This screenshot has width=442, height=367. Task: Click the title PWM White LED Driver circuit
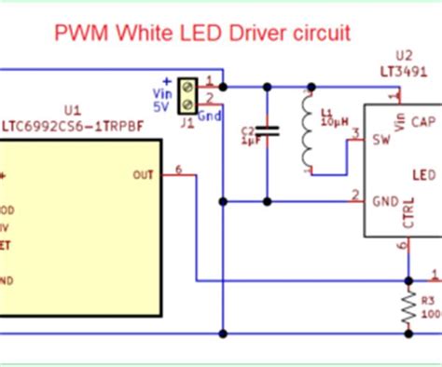coord(201,34)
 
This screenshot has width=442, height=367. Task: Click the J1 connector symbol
coord(189,90)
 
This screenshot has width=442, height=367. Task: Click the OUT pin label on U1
coord(144,173)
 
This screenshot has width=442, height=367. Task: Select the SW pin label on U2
coord(380,142)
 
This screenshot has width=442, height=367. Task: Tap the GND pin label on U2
coord(384,199)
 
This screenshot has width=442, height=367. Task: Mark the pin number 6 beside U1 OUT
coord(178,168)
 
